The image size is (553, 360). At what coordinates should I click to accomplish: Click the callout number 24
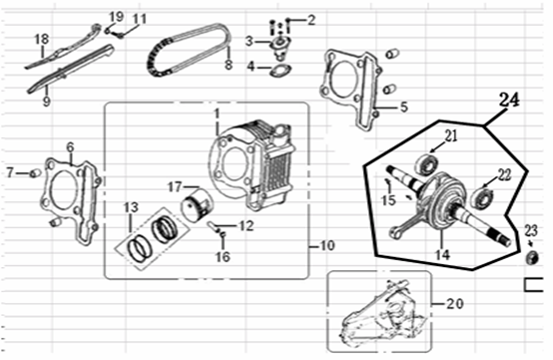(x=509, y=100)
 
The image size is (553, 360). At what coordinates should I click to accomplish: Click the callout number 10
(x=327, y=245)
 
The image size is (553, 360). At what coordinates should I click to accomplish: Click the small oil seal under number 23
(x=532, y=258)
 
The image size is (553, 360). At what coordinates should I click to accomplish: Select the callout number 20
(x=455, y=304)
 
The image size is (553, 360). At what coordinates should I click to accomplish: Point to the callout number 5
(x=403, y=107)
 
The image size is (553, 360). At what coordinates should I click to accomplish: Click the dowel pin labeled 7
(x=35, y=173)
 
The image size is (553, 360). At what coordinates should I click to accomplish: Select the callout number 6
(x=70, y=147)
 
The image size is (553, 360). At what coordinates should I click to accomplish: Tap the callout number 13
(x=131, y=208)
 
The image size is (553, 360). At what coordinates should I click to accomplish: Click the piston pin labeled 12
(x=214, y=225)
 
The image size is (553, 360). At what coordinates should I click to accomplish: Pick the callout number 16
(x=223, y=257)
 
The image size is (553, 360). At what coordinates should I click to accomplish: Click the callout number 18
(x=42, y=39)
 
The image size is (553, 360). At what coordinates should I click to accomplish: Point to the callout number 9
(x=46, y=101)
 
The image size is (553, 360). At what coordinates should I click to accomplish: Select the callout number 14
(x=443, y=254)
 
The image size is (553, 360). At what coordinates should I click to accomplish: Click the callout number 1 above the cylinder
(x=217, y=114)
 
